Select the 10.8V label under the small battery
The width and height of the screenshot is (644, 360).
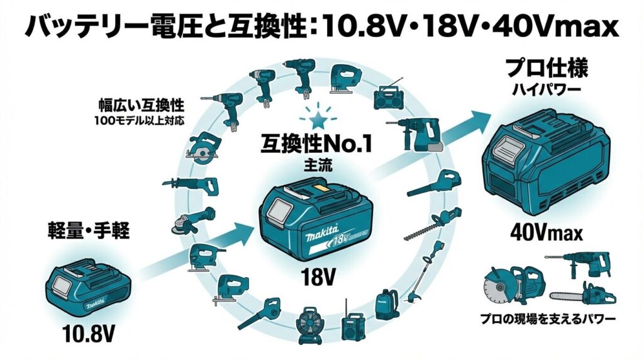point(88,334)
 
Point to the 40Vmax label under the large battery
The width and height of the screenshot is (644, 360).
point(547,233)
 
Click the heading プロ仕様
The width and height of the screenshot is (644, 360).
point(547,68)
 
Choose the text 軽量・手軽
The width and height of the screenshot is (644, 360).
point(89,230)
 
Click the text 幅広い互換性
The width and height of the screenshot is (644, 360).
point(141,105)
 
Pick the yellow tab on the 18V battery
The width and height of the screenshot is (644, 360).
point(320,189)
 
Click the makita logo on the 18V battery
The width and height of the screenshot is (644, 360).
point(321,235)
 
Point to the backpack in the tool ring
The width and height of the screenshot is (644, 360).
point(386,304)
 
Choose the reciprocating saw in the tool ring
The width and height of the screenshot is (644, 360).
point(191,184)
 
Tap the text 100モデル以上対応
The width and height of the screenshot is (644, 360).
point(140,121)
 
